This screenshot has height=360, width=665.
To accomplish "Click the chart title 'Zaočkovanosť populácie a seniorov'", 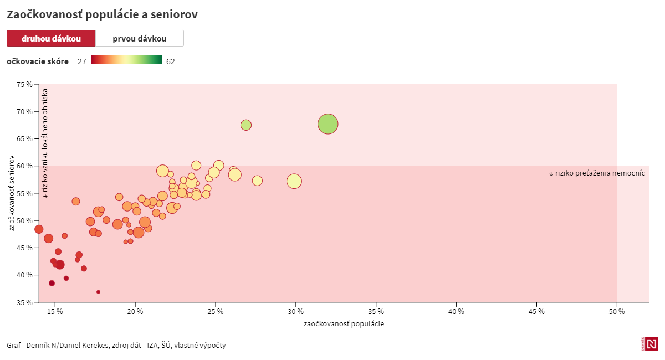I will tap(102, 15).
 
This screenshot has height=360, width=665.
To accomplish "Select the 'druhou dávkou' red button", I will tap(51, 39).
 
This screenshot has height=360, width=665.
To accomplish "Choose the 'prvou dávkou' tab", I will tap(139, 39).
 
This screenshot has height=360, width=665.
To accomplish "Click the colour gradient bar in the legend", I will tap(126, 60).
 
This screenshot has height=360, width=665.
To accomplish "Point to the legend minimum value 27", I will tap(81, 61).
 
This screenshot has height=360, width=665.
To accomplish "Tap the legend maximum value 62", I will tap(170, 61).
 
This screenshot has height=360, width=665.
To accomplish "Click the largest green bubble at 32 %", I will tap(328, 124).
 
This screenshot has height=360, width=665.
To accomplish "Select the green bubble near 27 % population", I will tap(246, 125).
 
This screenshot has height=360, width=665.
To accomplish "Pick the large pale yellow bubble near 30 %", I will tap(294, 181).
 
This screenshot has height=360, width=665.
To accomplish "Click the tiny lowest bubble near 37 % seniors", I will tap(98, 292).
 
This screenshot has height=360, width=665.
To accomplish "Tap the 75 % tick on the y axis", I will tap(24, 84).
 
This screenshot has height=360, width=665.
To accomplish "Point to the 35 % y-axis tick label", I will tap(24, 302).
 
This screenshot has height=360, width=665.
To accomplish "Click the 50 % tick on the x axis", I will tap(617, 311).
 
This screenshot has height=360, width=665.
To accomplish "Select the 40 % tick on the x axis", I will tap(456, 311).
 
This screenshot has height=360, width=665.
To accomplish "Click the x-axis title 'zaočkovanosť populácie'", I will tap(344, 324).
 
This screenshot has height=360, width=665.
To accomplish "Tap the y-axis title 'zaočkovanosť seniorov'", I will tap(12, 193).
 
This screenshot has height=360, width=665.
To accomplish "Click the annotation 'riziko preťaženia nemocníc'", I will tap(597, 173).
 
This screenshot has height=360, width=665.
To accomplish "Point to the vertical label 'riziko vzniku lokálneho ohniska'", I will tap(45, 144).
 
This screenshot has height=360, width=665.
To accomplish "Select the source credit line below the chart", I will tap(116, 346).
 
